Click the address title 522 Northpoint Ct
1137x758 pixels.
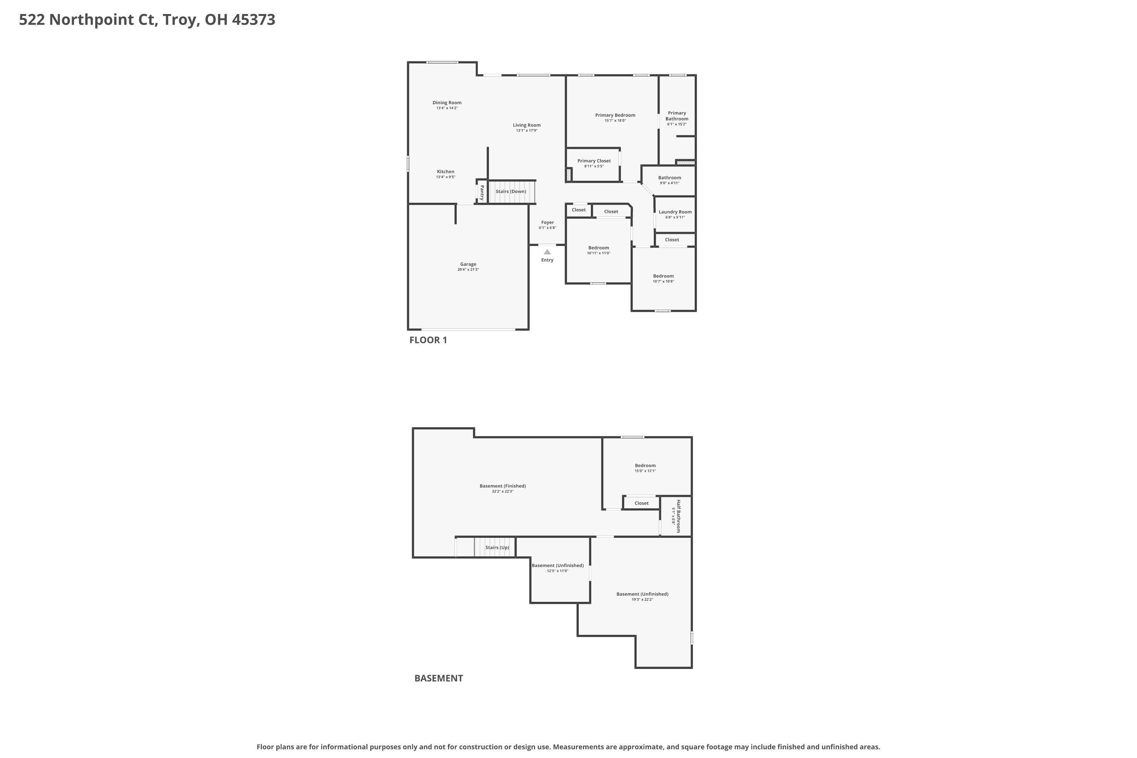click(x=147, y=20)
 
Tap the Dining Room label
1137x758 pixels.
click(x=447, y=102)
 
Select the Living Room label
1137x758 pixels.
click(x=526, y=125)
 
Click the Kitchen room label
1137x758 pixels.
click(x=445, y=172)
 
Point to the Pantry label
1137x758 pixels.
click(x=482, y=193)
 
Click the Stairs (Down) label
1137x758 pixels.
click(x=511, y=191)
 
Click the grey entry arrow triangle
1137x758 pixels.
click(x=547, y=252)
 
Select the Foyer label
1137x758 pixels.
click(x=547, y=222)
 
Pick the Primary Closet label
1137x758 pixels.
click(x=594, y=161)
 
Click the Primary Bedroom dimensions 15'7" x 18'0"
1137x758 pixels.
click(x=615, y=121)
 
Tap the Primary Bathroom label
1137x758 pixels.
click(x=677, y=116)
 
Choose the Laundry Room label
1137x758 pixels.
click(x=675, y=212)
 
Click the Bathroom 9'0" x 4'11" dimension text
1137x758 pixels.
click(x=669, y=183)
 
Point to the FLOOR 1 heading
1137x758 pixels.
click(x=428, y=340)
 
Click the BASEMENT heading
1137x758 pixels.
click(x=439, y=678)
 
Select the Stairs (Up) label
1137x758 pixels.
click(x=497, y=548)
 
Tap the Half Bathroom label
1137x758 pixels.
click(x=678, y=516)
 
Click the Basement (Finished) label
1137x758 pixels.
click(x=502, y=486)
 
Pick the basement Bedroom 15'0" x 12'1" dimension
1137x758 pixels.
click(x=645, y=471)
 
